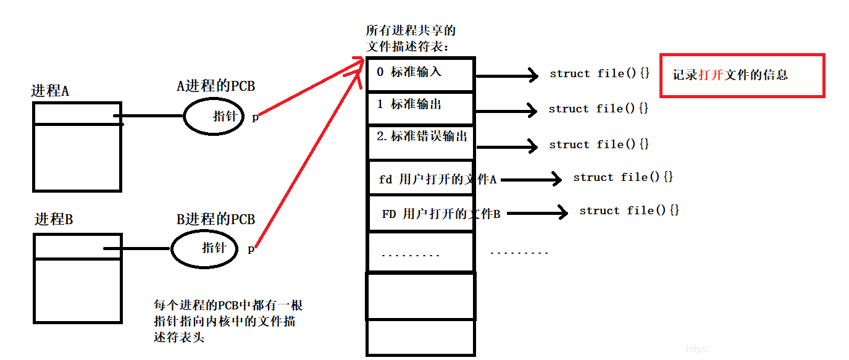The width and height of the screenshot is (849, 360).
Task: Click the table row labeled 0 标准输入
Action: pyautogui.click(x=420, y=74)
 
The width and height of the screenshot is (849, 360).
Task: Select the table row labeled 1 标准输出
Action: pyautogui.click(x=420, y=109)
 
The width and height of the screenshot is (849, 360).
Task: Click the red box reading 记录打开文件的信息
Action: pyautogui.click(x=742, y=75)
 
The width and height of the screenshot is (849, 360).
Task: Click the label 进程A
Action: pyautogui.click(x=50, y=91)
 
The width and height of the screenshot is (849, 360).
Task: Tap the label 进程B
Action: pyautogui.click(x=53, y=219)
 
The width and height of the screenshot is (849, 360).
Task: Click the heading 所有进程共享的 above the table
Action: pyautogui.click(x=411, y=30)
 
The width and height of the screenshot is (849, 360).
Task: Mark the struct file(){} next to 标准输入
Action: pyautogui.click(x=600, y=73)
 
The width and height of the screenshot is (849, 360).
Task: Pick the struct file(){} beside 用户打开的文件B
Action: pyautogui.click(x=629, y=211)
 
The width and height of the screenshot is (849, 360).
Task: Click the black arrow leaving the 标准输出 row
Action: pyautogui.click(x=506, y=110)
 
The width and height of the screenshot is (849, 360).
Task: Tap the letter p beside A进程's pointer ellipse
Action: pyautogui.click(x=255, y=117)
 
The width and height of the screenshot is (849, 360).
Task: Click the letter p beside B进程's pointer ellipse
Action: pyautogui.click(x=251, y=249)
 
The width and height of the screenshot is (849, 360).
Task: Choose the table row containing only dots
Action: pyautogui.click(x=420, y=252)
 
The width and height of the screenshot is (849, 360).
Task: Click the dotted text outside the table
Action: pyautogui.click(x=519, y=252)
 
